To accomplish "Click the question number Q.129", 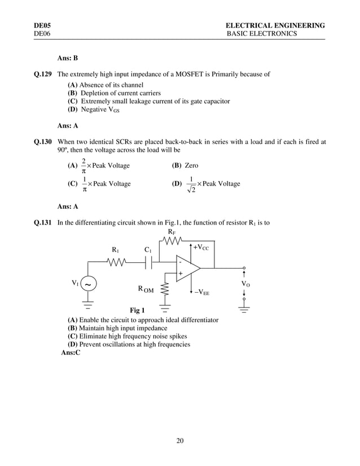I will pyautogui.click(x=42, y=74).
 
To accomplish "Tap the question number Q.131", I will pyautogui.click(x=42, y=222).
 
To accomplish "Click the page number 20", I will pyautogui.click(x=179, y=441).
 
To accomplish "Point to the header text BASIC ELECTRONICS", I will pyautogui.click(x=261, y=34).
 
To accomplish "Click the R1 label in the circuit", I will pyautogui.click(x=115, y=249).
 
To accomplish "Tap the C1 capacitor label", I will pyautogui.click(x=148, y=249).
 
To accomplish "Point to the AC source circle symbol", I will pyautogui.click(x=89, y=284).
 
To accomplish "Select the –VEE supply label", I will pyautogui.click(x=201, y=292).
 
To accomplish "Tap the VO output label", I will pyautogui.click(x=246, y=284).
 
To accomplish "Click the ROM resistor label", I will pyautogui.click(x=146, y=289).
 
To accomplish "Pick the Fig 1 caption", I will pyautogui.click(x=137, y=310).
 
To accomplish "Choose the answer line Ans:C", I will pyautogui.click(x=71, y=353).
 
